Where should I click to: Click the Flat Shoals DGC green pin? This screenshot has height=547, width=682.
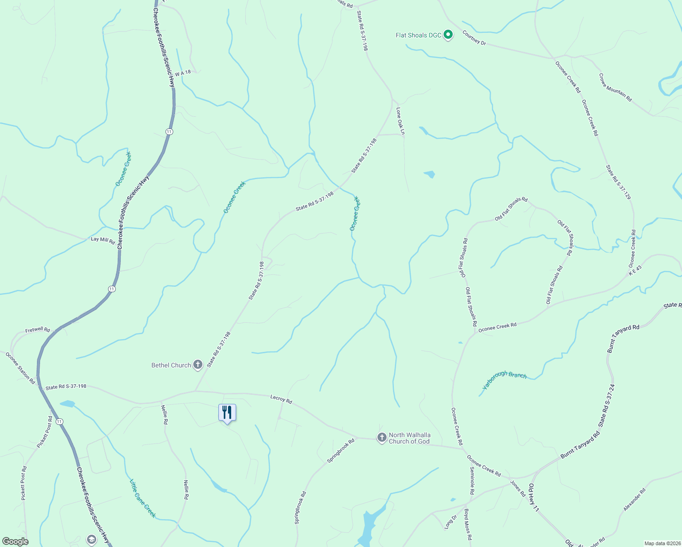(x=448, y=35)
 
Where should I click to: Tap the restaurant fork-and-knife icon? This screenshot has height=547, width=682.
(x=227, y=413)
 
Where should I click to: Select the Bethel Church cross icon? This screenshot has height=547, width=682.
(x=198, y=365)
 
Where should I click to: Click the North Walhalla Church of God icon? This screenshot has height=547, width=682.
(x=382, y=438)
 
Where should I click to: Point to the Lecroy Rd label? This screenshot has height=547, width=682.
(x=281, y=399)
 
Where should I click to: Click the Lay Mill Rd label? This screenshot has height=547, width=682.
(x=103, y=240)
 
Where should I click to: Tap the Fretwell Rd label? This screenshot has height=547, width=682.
(x=37, y=330)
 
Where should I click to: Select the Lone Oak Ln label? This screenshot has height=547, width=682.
(x=400, y=121)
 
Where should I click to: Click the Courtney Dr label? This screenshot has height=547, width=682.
(x=474, y=37)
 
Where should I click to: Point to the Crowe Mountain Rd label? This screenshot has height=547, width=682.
(x=615, y=87)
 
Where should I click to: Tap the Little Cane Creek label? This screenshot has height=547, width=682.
(x=143, y=498)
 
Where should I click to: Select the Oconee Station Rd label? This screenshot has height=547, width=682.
(x=20, y=367)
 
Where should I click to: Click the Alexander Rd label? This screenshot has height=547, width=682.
(x=635, y=500)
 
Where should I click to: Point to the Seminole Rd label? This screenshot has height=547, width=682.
(x=472, y=480)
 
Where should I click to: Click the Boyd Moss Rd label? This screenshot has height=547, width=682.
(x=468, y=524)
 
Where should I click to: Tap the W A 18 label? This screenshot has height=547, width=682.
(x=183, y=73)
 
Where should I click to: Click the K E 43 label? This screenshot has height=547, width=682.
(x=635, y=270)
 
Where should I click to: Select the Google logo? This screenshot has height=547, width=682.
(x=15, y=542)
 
